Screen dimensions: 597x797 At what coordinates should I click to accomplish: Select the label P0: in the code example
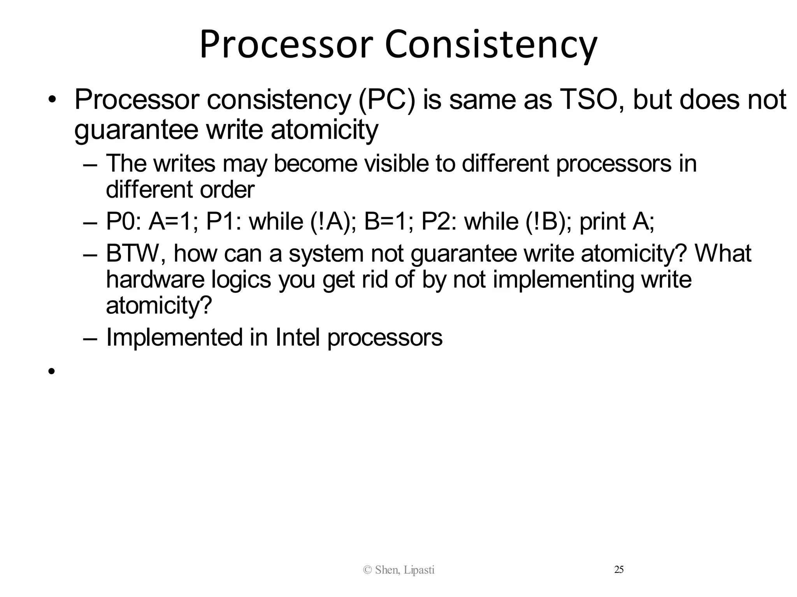point(123,221)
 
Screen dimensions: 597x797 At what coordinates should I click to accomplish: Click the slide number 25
point(619,570)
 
